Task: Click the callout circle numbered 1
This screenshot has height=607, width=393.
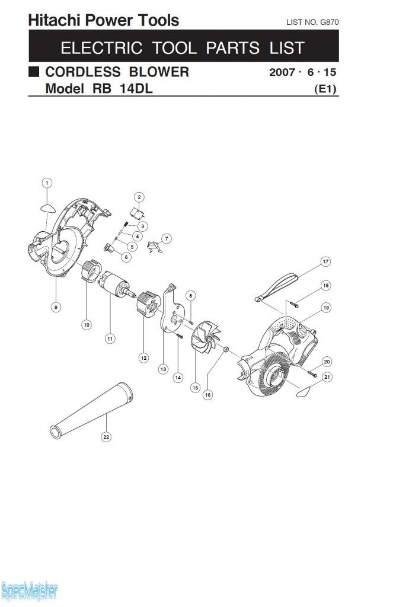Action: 47,183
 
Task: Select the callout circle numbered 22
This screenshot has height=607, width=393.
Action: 106,437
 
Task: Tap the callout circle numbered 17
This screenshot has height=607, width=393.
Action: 325,261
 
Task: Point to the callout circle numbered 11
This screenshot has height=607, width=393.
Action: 110,338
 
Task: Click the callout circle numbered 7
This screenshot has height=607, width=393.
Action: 167,238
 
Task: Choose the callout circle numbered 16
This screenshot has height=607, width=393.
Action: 208,394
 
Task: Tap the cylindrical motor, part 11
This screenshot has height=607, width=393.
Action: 116,285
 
